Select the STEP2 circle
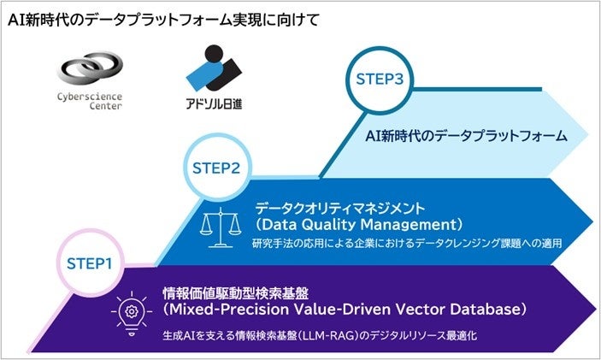215,168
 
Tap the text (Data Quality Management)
359,225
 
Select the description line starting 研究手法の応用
406,245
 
